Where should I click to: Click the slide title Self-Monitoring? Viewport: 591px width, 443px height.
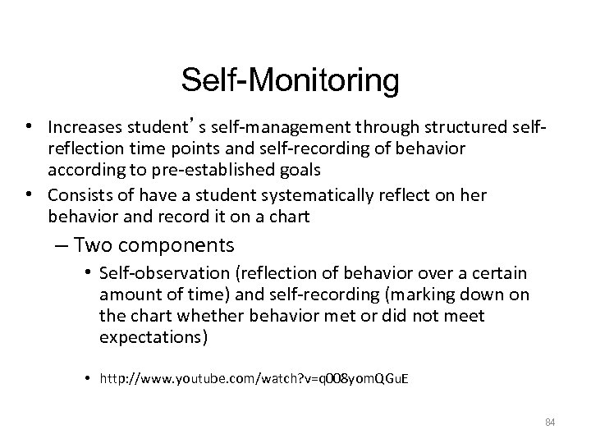291,81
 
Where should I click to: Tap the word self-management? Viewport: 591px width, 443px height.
214,128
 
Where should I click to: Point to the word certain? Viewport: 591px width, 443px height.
501,273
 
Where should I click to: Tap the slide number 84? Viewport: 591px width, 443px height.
550,422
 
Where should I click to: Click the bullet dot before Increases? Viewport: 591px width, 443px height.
29,128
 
